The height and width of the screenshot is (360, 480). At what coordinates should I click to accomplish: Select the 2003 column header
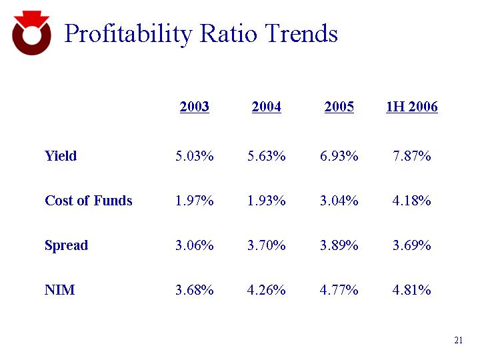click(195, 107)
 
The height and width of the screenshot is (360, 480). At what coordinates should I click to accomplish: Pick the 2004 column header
click(267, 107)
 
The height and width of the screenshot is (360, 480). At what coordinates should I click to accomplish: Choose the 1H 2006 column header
click(412, 107)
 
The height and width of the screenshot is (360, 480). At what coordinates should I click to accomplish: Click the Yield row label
click(61, 156)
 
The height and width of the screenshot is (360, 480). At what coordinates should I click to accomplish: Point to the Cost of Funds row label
click(89, 201)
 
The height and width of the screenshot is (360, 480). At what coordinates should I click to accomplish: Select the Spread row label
click(66, 245)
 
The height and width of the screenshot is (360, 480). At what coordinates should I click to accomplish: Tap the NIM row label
click(59, 290)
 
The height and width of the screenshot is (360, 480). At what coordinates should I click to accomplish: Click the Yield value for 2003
click(195, 156)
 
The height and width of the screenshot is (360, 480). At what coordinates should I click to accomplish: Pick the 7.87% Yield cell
click(412, 156)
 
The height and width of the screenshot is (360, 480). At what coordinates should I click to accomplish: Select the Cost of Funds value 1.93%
click(267, 201)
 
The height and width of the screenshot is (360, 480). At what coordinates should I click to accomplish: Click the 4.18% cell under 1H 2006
click(412, 201)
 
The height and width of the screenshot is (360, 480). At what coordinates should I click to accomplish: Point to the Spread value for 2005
click(339, 245)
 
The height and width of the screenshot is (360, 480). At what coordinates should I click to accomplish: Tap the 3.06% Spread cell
click(195, 245)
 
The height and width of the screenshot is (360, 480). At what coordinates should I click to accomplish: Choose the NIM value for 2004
click(267, 290)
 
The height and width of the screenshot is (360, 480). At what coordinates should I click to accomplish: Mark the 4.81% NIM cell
click(412, 290)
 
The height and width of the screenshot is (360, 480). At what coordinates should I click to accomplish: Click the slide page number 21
click(458, 341)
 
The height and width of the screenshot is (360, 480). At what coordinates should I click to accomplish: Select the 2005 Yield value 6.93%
click(339, 156)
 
